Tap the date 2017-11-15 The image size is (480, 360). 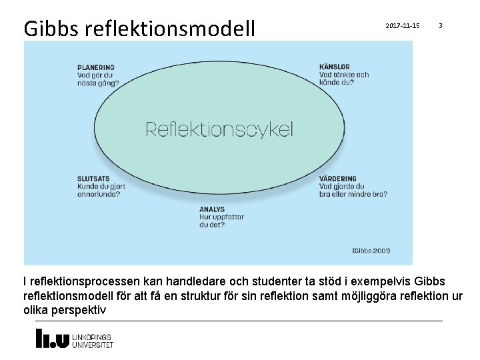click(x=403, y=25)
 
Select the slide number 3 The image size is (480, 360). click(x=440, y=25)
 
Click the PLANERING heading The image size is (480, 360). click(x=96, y=67)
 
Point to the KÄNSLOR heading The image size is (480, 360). click(x=335, y=67)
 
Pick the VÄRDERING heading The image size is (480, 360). click(x=338, y=179)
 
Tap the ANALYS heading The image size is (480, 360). click(x=212, y=209)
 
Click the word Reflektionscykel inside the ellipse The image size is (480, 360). click(x=219, y=129)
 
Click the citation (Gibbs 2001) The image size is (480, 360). click(x=371, y=251)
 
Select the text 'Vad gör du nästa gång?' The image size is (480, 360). click(x=98, y=79)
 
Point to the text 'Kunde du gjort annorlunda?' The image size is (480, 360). click(x=99, y=190)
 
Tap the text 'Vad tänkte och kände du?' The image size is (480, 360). click(x=344, y=79)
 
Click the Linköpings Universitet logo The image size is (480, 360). click(x=74, y=339)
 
